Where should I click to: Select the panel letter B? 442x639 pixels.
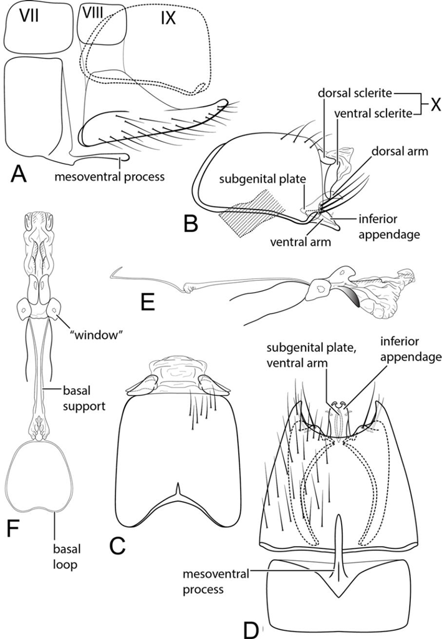pyautogui.click(x=192, y=223)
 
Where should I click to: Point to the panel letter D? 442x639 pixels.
pyautogui.click(x=251, y=627)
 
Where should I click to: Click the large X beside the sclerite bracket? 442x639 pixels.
pyautogui.click(x=431, y=103)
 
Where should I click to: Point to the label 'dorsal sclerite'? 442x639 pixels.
pyautogui.click(x=355, y=94)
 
